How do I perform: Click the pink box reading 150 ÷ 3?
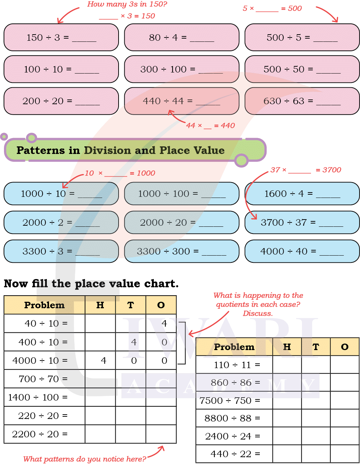click(61, 37)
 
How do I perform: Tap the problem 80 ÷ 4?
click(181, 37)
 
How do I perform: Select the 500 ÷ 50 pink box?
click(302, 69)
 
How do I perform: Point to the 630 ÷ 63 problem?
click(302, 101)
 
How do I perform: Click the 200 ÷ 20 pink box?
click(61, 101)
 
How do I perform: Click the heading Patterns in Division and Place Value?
click(120, 150)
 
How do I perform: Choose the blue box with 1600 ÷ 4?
click(302, 194)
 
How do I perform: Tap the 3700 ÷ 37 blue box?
click(302, 222)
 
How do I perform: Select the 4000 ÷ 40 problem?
click(302, 251)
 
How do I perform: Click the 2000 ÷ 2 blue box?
click(61, 222)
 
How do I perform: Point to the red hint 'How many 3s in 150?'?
click(127, 5)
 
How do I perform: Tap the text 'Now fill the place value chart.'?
click(91, 284)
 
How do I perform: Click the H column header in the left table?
click(100, 305)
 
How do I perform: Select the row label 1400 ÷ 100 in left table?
click(38, 397)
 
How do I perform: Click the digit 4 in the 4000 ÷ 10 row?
click(103, 361)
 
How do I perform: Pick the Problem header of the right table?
click(234, 347)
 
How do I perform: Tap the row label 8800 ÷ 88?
click(232, 418)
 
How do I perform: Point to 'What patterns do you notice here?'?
click(85, 459)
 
